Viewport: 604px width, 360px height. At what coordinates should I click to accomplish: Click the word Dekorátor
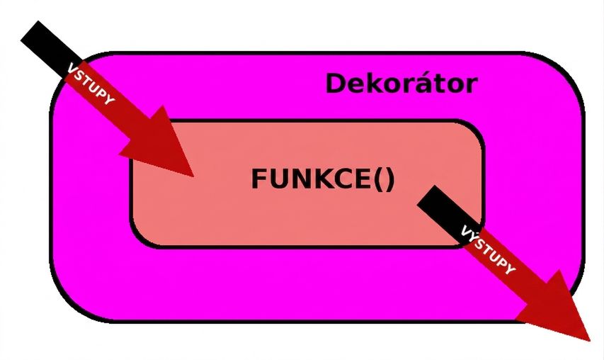pyautogui.click(x=401, y=83)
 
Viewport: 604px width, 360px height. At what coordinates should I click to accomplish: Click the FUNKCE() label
pyautogui.click(x=323, y=179)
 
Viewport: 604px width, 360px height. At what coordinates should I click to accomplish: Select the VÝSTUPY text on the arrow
pyautogui.click(x=488, y=249)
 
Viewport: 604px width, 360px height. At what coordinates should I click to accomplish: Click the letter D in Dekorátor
pyautogui.click(x=336, y=83)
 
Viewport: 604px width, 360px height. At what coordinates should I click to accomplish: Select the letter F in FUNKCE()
pyautogui.click(x=259, y=179)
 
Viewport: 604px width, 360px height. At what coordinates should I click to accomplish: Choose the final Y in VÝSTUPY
pyautogui.click(x=510, y=269)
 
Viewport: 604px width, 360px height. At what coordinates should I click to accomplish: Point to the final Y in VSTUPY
pyautogui.click(x=109, y=100)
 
